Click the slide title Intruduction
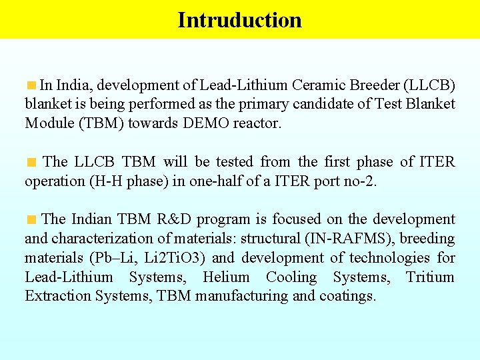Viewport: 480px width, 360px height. (x=239, y=20)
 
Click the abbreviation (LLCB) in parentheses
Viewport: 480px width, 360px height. (x=431, y=85)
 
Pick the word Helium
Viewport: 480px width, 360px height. (x=226, y=277)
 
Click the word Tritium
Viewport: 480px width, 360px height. (x=431, y=277)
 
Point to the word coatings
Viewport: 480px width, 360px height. (x=347, y=296)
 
